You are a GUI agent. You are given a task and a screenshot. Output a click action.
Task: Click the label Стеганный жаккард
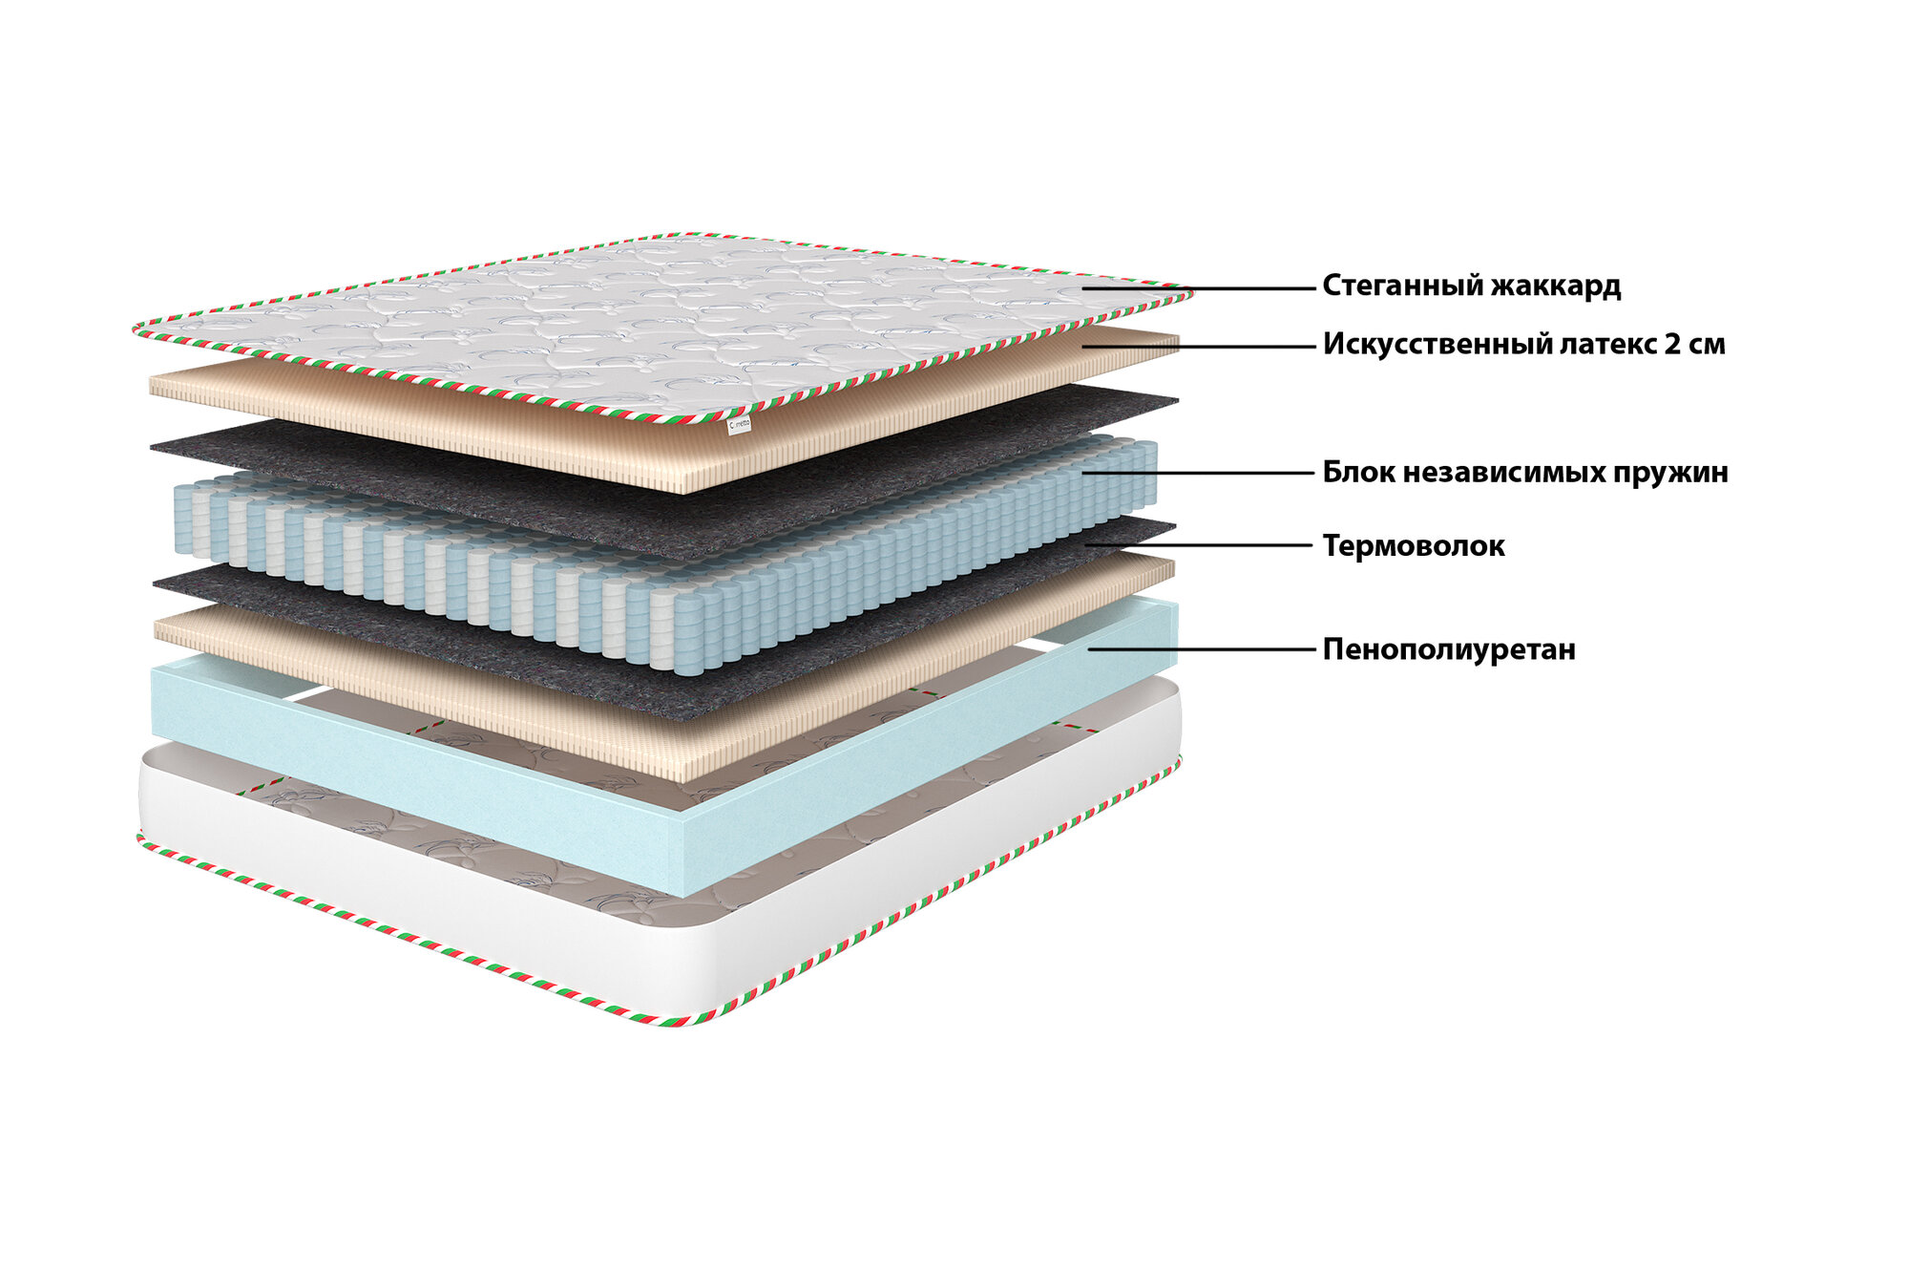coord(1471,286)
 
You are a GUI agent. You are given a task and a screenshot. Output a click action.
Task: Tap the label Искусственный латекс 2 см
coord(1523,345)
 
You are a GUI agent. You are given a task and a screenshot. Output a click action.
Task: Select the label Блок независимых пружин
coord(1524,473)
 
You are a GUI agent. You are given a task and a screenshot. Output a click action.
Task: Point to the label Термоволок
coord(1413,546)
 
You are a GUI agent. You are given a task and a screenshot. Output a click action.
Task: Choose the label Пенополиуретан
coord(1448,650)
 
